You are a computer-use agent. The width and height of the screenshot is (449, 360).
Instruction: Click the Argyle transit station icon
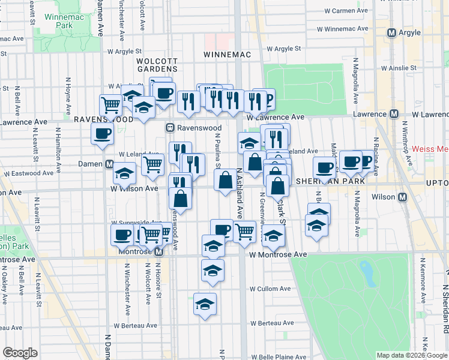(x=392, y=33)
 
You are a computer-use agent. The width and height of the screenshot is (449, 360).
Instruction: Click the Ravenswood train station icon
(x=170, y=128)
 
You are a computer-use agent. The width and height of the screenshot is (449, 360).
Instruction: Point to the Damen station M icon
(x=110, y=164)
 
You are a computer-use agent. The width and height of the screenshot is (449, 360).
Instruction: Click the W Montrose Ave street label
(x=278, y=255)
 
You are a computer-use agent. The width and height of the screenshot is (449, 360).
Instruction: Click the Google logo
(x=20, y=353)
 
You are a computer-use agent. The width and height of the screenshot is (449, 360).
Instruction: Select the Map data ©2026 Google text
(x=411, y=355)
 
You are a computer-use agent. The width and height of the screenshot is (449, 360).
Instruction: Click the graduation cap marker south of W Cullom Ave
(x=205, y=303)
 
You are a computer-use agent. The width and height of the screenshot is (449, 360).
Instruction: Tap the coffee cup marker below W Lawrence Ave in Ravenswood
(x=102, y=134)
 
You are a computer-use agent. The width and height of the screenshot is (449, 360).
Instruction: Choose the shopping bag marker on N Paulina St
(x=225, y=180)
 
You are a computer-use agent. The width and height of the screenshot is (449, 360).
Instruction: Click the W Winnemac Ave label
(x=345, y=29)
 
